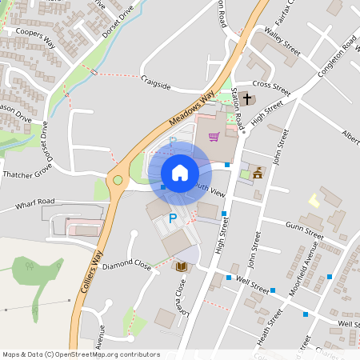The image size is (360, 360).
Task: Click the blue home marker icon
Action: [x=180, y=172]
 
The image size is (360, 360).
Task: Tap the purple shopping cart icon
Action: [x=214, y=137]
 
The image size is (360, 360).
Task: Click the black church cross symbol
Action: [x=247, y=98]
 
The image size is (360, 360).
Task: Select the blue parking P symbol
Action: [x=172, y=218]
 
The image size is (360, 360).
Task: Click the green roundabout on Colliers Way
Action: [x=118, y=181]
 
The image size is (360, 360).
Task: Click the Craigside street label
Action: [x=156, y=82]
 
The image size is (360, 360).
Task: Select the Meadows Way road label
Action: [x=192, y=110]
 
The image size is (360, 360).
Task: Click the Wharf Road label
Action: [x=34, y=204]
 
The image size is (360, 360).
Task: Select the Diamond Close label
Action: [x=126, y=263]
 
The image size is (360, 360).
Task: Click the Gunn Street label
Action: [x=305, y=233]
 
